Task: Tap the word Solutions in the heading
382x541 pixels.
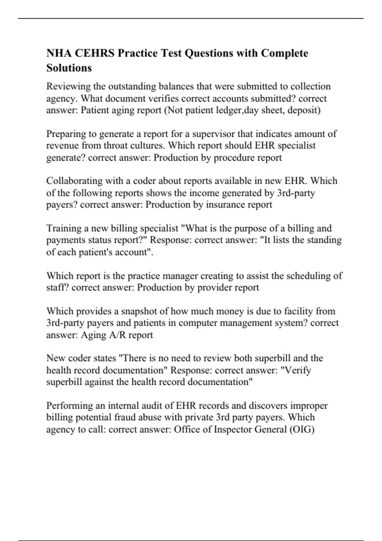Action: click(x=69, y=68)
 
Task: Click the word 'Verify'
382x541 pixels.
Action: click(x=297, y=370)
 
